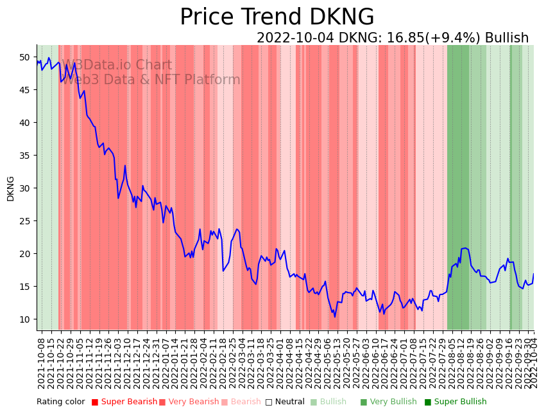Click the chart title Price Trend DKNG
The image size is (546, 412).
(x=277, y=17)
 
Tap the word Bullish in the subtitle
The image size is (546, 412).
(x=507, y=38)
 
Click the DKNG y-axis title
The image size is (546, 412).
(x=10, y=188)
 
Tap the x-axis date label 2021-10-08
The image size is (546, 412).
(x=42, y=361)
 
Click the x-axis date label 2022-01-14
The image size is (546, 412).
(x=173, y=361)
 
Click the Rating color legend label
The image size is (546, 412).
(x=61, y=402)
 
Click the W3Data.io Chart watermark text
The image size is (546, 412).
(x=117, y=66)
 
